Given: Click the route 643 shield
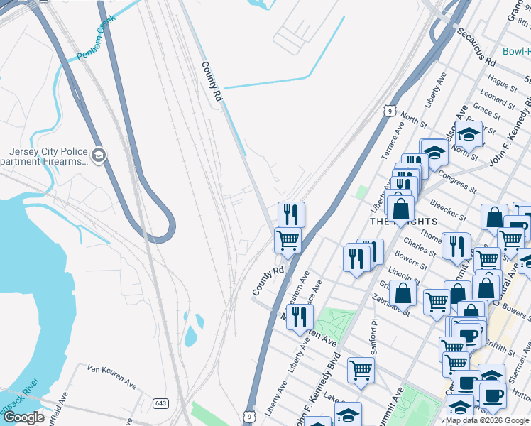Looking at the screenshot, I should click(161, 403).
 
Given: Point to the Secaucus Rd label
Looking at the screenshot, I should click(476, 48).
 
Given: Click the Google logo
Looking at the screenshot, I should click(23, 417).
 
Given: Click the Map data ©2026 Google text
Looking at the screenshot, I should click(487, 420).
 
